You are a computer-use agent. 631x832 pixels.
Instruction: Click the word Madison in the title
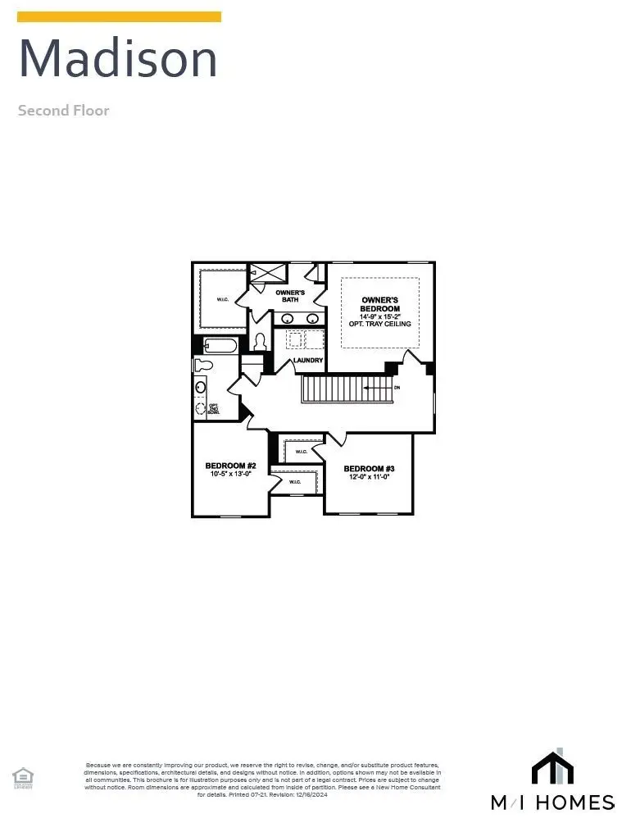click(x=118, y=58)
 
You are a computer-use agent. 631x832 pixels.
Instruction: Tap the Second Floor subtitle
click(x=63, y=110)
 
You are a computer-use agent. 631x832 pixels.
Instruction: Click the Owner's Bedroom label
click(x=379, y=304)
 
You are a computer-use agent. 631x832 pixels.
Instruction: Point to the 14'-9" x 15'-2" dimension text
click(x=379, y=316)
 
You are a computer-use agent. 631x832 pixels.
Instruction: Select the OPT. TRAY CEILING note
click(x=379, y=325)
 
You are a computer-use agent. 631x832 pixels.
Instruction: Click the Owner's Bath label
click(x=290, y=296)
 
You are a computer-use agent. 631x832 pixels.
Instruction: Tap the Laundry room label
click(x=307, y=360)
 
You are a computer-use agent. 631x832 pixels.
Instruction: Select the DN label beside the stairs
click(x=397, y=387)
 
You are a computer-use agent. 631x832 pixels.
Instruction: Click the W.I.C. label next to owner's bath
click(x=223, y=300)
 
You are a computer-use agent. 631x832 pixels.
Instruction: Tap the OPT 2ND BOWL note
click(x=213, y=407)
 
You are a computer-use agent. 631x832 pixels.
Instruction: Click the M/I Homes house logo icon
click(x=552, y=767)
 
